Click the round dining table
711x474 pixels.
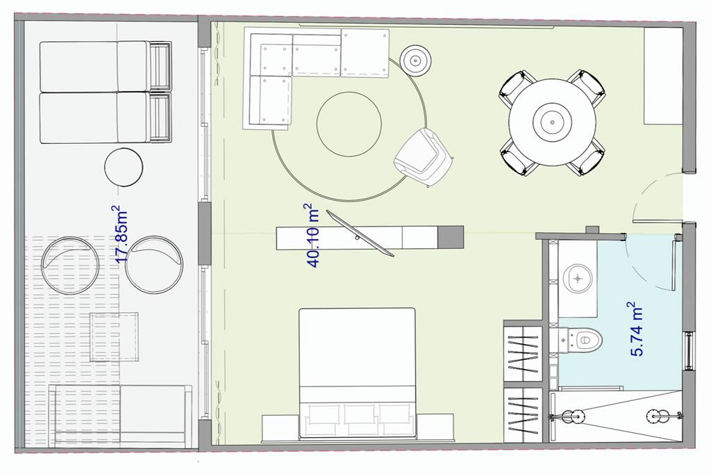click(552, 122)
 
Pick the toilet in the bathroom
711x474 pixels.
click(582, 339)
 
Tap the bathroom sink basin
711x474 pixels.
click(578, 278)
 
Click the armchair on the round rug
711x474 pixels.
click(422, 157)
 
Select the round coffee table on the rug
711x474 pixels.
click(349, 124)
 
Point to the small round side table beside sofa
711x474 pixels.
click(415, 60)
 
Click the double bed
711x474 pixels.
click(357, 373)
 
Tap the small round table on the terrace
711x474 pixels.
click(124, 167)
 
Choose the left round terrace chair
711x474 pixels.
click(70, 265)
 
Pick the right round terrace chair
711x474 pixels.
click(153, 265)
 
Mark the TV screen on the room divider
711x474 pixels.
click(360, 234)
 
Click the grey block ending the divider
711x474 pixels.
click(451, 238)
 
